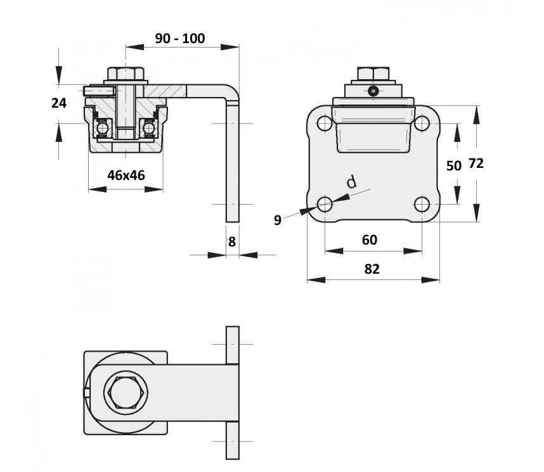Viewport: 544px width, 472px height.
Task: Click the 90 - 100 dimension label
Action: coord(179,38)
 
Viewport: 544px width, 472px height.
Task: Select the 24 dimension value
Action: coord(58,103)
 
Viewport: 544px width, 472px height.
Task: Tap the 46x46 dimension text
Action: coord(126,175)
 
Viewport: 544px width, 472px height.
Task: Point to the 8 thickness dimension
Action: coord(232,242)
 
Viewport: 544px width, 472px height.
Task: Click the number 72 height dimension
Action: coord(476,163)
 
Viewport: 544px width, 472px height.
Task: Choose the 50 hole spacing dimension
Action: coord(454,166)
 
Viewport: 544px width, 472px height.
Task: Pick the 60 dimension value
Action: coord(370,239)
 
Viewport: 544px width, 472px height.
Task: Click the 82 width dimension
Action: coord(372,269)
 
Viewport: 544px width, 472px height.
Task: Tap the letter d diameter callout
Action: coord(352,182)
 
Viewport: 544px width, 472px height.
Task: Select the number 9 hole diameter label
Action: coord(278,220)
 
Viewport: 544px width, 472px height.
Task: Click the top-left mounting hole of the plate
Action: coord(325,124)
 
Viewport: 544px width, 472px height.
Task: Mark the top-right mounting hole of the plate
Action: coord(422,124)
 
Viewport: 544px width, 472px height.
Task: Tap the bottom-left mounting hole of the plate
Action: coord(325,204)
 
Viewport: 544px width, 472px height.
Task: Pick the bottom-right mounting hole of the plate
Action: coord(422,204)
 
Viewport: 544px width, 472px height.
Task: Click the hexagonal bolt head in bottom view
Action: coord(126,393)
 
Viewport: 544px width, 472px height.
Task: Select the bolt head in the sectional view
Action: coord(126,73)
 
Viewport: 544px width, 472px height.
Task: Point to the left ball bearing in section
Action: coord(103,128)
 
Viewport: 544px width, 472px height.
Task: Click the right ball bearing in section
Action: coord(148,128)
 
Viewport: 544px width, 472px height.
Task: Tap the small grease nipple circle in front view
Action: coord(373,91)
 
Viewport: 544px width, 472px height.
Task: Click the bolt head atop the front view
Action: coord(373,74)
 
